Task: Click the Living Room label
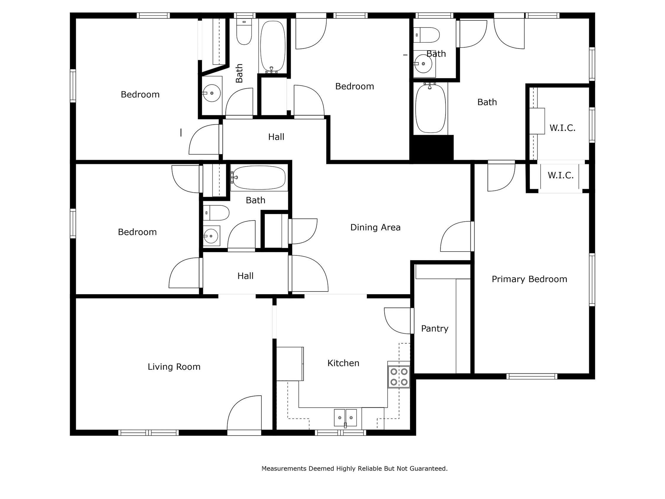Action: [x=174, y=367]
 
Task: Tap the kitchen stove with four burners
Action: [x=399, y=377]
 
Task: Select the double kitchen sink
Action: [x=345, y=418]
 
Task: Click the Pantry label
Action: [x=434, y=328]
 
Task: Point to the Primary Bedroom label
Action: [x=529, y=279]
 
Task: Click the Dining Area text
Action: [x=375, y=227]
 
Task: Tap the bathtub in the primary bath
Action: [x=431, y=108]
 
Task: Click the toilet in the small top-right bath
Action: [x=427, y=35]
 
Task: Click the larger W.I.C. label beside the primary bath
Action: [x=562, y=128]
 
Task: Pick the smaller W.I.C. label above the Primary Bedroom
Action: [x=560, y=175]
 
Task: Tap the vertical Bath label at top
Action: [x=239, y=73]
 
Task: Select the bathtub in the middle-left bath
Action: [x=259, y=177]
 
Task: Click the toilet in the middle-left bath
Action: [x=216, y=213]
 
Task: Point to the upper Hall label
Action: [x=276, y=137]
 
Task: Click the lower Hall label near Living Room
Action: [x=245, y=276]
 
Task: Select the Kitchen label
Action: [x=343, y=363]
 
